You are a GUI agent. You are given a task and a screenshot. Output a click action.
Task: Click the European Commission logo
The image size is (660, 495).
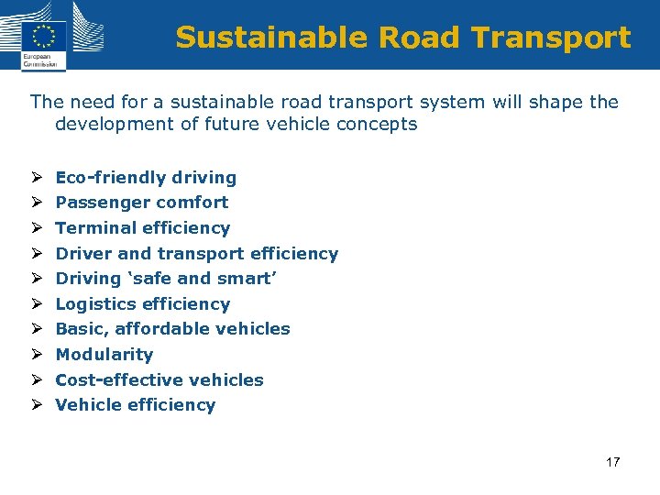[43, 37]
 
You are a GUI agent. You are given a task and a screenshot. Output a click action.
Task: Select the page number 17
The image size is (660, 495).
[612, 462]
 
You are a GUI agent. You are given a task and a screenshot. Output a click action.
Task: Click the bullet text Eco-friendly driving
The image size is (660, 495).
[146, 178]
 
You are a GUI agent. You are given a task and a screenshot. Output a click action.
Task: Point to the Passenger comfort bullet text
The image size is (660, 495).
[142, 203]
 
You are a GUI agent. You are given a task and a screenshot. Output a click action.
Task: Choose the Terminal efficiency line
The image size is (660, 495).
[143, 228]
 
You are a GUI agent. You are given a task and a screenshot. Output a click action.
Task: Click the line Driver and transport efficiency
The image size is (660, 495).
[197, 254]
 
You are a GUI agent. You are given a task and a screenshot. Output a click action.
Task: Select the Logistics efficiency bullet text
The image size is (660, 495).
[143, 304]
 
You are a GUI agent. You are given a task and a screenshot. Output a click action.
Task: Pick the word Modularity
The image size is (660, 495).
[104, 355]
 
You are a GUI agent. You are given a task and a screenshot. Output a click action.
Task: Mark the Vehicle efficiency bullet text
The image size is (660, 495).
[136, 405]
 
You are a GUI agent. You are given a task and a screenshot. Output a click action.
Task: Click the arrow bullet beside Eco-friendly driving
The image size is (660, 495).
[35, 178]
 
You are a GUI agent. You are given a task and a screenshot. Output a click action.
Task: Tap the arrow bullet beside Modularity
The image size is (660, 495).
[35, 355]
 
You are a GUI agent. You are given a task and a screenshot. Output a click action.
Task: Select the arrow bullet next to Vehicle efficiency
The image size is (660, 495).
[35, 405]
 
